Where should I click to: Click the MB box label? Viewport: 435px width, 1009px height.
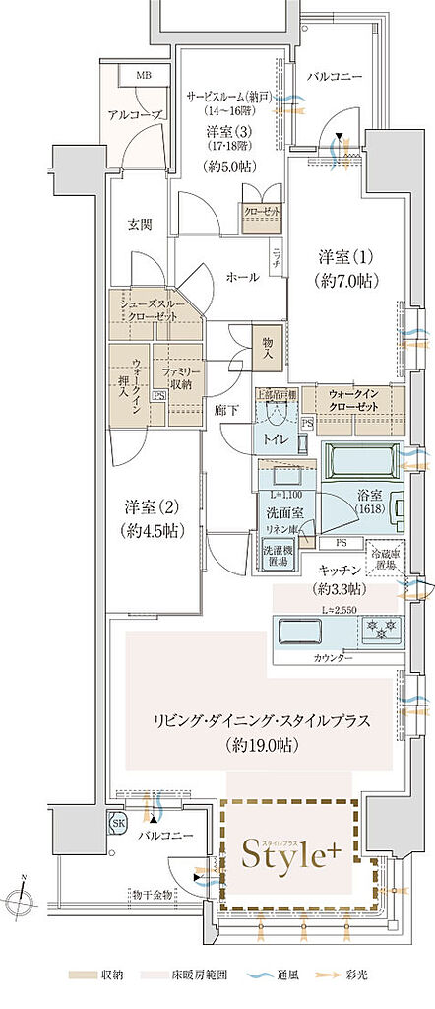tap(144, 75)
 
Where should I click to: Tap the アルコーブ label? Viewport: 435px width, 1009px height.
tap(134, 114)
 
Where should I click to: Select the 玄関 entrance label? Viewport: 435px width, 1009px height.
tap(139, 224)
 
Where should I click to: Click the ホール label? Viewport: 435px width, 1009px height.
tap(242, 277)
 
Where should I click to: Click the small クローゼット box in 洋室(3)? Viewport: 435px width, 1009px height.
tap(263, 211)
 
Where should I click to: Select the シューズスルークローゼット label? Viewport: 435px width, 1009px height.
tap(155, 309)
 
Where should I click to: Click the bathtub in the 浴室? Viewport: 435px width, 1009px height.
tap(362, 460)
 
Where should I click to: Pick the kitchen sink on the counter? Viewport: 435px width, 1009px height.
tap(296, 629)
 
